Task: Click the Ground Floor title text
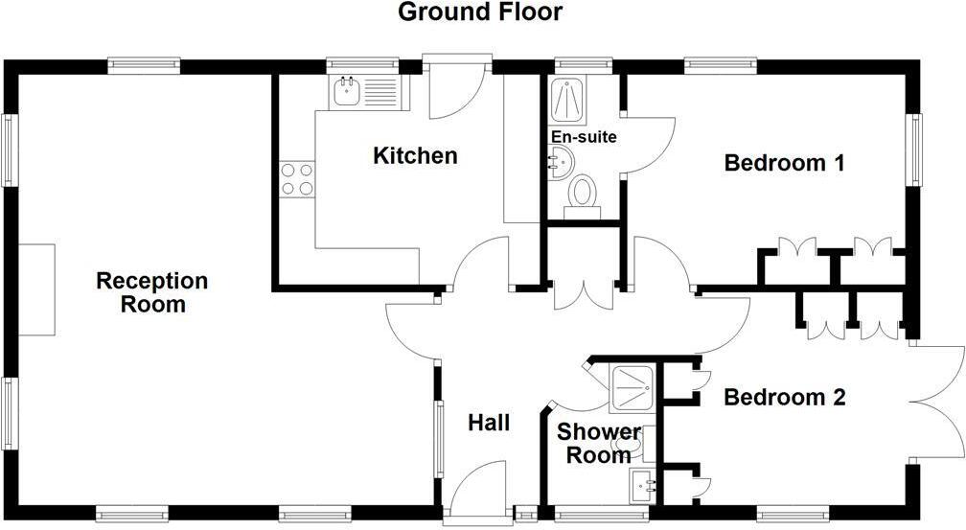coord(480,12)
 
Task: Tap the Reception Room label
coord(152,292)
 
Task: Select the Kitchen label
coord(415,155)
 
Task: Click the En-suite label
coord(583,137)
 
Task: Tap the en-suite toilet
coord(580,192)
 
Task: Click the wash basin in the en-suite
coord(560,161)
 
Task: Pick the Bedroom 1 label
coord(783,163)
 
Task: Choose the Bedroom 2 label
coord(784,397)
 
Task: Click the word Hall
coord(488,423)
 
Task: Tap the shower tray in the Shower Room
coord(633,389)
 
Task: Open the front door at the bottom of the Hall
coord(477,489)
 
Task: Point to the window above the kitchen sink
coord(362,65)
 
